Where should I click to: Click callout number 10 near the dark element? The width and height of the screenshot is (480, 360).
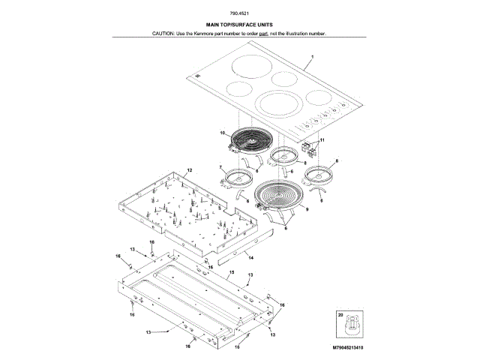222,134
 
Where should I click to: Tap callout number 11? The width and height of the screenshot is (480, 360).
323,140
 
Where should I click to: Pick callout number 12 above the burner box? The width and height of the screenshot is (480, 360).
190,171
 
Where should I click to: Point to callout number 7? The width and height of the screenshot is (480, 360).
221,167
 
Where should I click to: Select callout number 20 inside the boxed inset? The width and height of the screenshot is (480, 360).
340,316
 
